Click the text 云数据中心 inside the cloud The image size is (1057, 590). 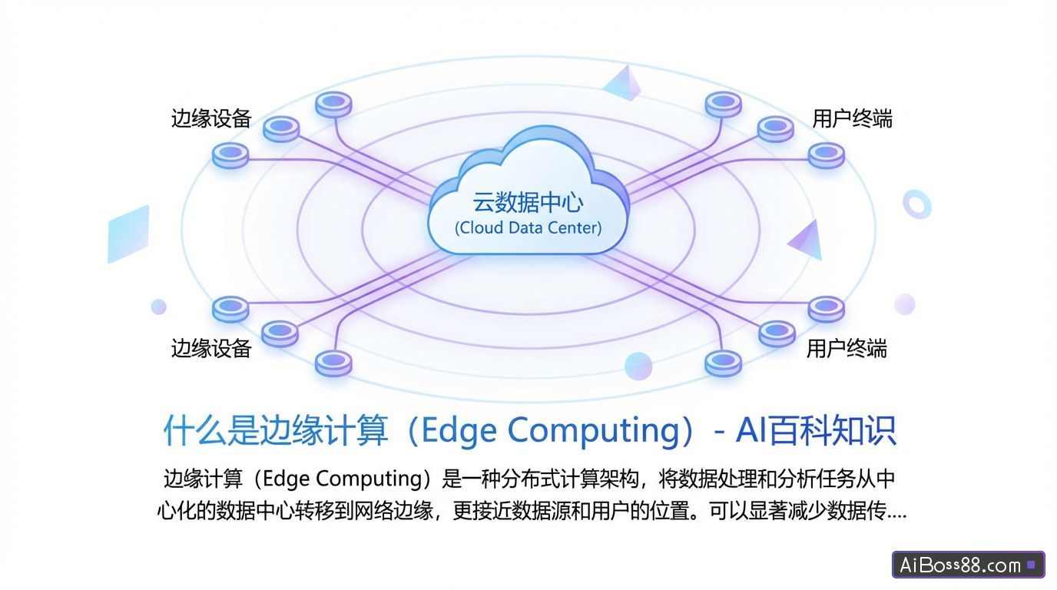[528, 203]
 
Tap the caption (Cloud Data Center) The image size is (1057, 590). [528, 228]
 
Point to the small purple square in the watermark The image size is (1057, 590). [1031, 565]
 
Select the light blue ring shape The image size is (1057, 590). [916, 204]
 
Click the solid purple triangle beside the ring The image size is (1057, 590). [807, 240]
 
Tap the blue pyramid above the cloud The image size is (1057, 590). [623, 83]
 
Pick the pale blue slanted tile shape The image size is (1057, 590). [128, 234]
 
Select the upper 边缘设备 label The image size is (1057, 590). [210, 118]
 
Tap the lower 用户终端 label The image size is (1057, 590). [847, 349]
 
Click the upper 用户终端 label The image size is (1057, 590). [853, 118]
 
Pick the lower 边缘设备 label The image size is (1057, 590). [210, 349]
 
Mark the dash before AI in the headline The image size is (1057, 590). [719, 432]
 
